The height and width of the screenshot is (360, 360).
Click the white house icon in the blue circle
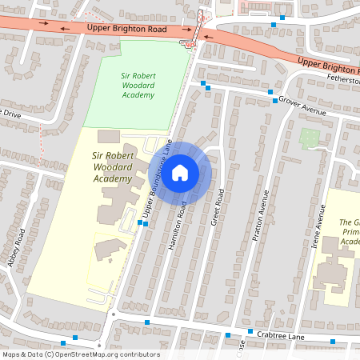point(180,171)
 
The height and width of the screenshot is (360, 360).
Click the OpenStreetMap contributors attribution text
point(81,354)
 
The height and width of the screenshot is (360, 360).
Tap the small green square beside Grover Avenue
point(309,138)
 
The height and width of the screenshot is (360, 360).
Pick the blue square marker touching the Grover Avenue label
point(274,101)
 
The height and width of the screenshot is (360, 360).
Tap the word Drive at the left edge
point(10,114)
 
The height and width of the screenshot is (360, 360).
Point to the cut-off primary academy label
point(348,232)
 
